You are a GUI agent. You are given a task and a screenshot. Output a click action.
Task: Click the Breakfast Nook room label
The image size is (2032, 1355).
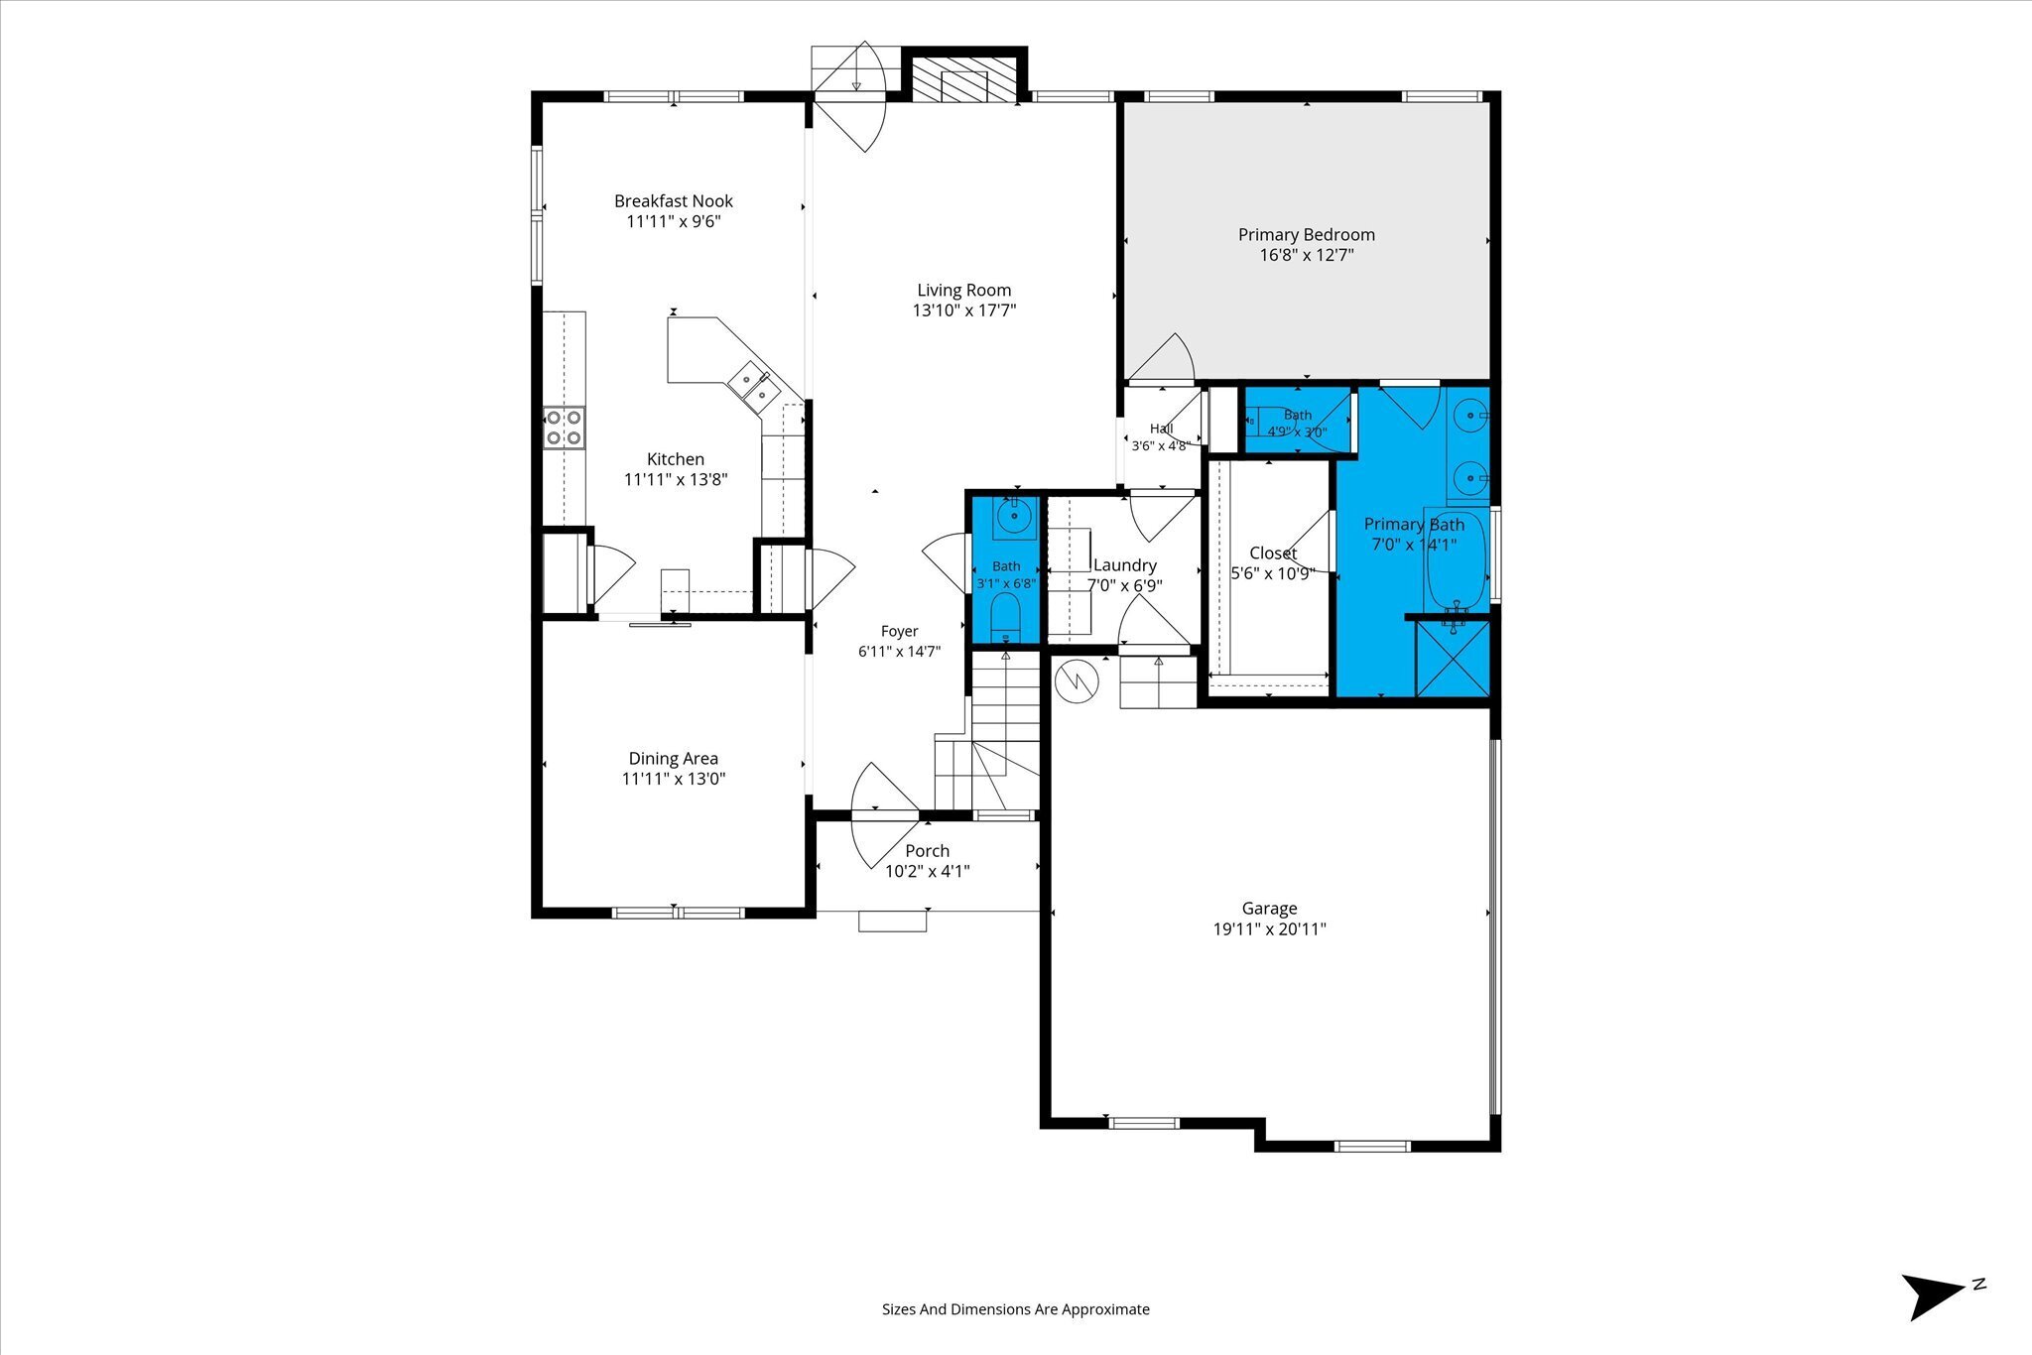click(674, 201)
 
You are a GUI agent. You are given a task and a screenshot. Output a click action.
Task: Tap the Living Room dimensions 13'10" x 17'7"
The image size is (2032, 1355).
click(964, 310)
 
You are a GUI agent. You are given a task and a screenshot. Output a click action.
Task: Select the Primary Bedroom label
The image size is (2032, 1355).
click(1307, 235)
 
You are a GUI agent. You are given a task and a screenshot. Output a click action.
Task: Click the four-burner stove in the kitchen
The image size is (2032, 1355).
click(564, 429)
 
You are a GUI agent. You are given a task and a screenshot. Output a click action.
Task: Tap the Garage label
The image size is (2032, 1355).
click(1269, 909)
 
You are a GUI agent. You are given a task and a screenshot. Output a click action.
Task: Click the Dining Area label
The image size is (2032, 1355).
click(674, 759)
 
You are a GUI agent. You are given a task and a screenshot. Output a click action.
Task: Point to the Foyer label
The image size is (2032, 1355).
click(900, 631)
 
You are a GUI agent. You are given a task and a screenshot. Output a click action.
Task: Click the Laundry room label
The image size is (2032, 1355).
click(1125, 565)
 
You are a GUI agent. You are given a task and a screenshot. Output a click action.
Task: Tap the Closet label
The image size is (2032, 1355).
click(1273, 553)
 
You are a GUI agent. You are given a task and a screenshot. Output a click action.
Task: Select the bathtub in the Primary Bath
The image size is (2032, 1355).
click(1457, 559)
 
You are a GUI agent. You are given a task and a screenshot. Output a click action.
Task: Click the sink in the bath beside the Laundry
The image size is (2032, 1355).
click(1014, 516)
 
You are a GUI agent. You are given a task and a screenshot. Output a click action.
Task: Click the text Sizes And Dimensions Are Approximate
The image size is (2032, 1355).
click(1016, 1309)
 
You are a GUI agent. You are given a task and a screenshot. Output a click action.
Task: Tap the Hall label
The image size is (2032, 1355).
click(1161, 429)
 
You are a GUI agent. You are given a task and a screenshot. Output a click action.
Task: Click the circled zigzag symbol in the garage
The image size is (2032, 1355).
click(1077, 680)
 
